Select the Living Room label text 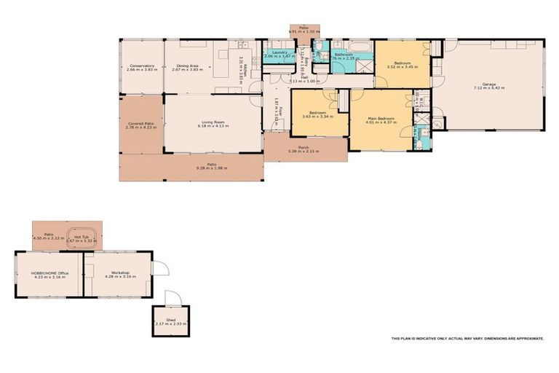pyautogui.click(x=213, y=122)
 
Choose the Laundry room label pyautogui.click(x=277, y=53)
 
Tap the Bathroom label pyautogui.click(x=344, y=55)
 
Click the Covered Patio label pyautogui.click(x=141, y=125)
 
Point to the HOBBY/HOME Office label pyautogui.click(x=49, y=274)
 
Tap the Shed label pyautogui.click(x=170, y=319)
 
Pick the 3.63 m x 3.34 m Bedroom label pyautogui.click(x=319, y=114)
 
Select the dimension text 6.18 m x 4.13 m pyautogui.click(x=213, y=126)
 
